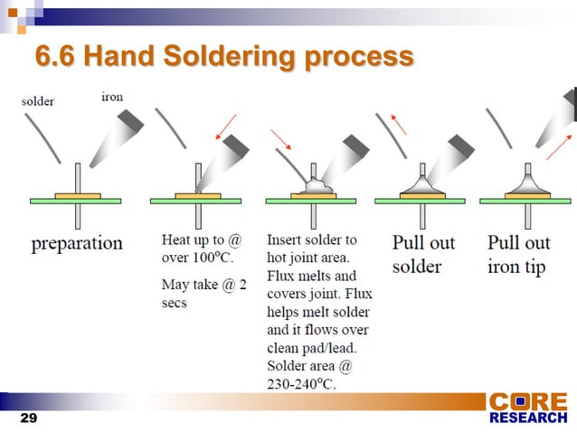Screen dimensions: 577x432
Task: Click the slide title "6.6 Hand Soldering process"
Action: click(x=223, y=57)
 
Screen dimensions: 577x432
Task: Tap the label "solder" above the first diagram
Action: click(x=37, y=101)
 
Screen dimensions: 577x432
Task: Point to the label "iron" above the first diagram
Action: click(x=112, y=97)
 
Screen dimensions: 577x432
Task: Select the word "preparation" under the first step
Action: click(x=77, y=243)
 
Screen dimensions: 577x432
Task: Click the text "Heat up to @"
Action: click(x=201, y=241)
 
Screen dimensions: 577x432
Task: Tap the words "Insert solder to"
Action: click(x=312, y=240)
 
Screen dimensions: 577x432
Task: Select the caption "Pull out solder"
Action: click(x=423, y=255)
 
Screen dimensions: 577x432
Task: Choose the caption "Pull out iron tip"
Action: click(x=518, y=255)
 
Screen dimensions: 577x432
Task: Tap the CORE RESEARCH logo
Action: click(x=528, y=408)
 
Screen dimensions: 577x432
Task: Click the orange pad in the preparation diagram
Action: click(x=78, y=195)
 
